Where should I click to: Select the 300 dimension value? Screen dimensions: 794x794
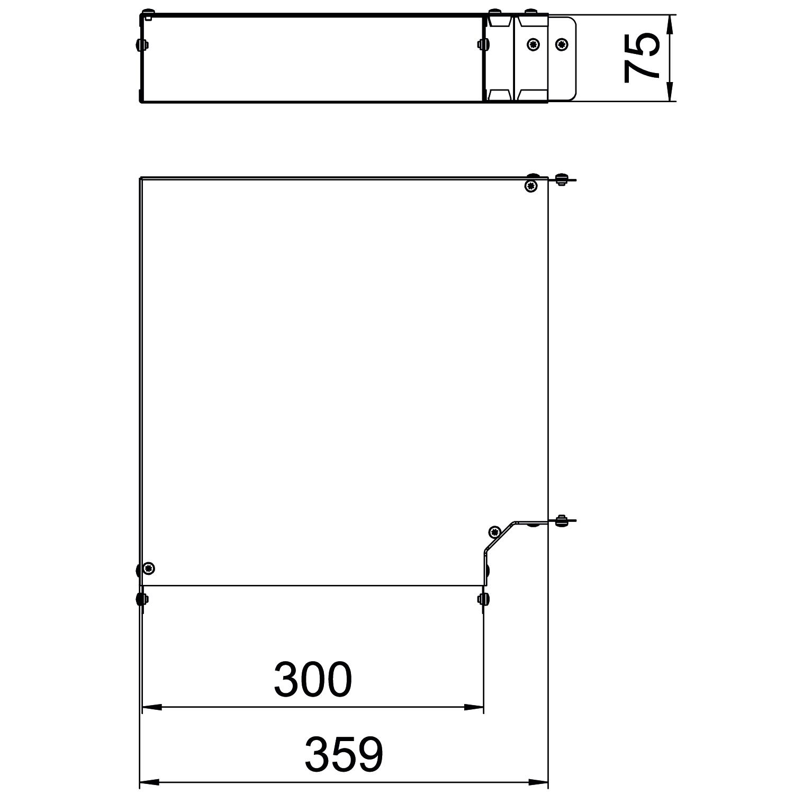coord(312,679)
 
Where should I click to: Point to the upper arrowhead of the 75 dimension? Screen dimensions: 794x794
coord(669,25)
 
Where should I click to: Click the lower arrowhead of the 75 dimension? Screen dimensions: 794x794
coord(669,91)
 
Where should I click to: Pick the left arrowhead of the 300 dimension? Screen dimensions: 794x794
coord(152,707)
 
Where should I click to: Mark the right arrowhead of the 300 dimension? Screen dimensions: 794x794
coord(473,707)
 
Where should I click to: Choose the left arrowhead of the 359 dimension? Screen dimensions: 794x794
coord(149,781)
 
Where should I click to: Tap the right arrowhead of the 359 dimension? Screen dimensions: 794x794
coord(538,781)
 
